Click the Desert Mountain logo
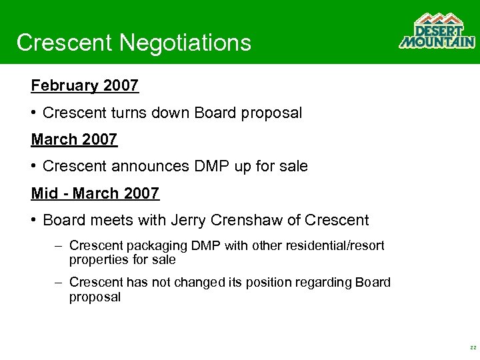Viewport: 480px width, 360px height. (x=437, y=31)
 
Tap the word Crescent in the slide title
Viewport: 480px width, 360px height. (x=65, y=43)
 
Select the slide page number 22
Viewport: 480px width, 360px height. (x=472, y=348)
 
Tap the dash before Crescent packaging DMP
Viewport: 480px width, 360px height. (x=59, y=246)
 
